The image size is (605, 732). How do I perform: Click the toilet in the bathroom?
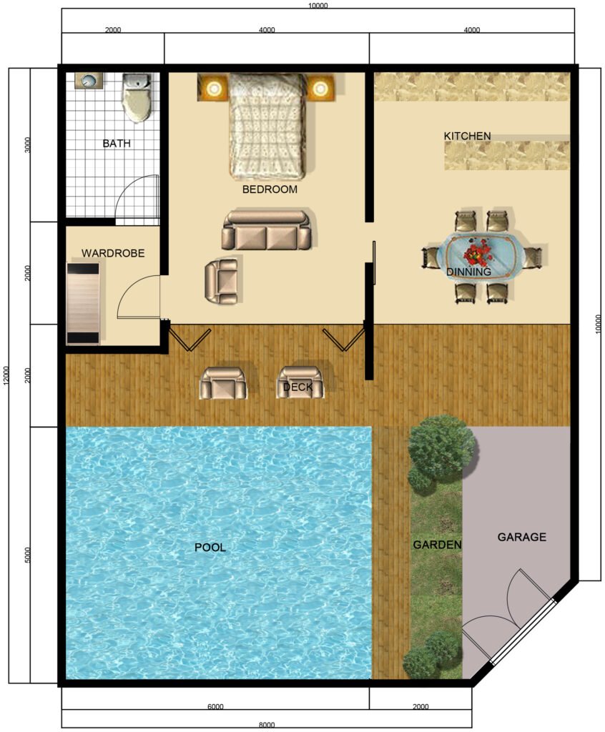(137, 97)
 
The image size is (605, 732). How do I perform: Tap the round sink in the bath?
(89, 81)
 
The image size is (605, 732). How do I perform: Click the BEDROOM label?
(270, 189)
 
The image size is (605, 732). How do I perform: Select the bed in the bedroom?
(268, 126)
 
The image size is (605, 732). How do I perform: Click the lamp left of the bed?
(214, 87)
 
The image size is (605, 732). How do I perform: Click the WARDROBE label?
(113, 253)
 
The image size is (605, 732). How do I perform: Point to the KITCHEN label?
(467, 136)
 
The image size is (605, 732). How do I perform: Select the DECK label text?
(297, 387)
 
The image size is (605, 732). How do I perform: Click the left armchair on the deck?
(223, 383)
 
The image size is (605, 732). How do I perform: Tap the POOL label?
(210, 547)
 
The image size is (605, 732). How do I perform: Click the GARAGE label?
(521, 537)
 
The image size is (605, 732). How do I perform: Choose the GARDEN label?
(437, 545)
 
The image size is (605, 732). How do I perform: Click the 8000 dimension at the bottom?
(267, 725)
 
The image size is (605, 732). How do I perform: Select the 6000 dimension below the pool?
(215, 707)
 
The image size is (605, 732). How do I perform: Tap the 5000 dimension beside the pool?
(27, 555)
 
